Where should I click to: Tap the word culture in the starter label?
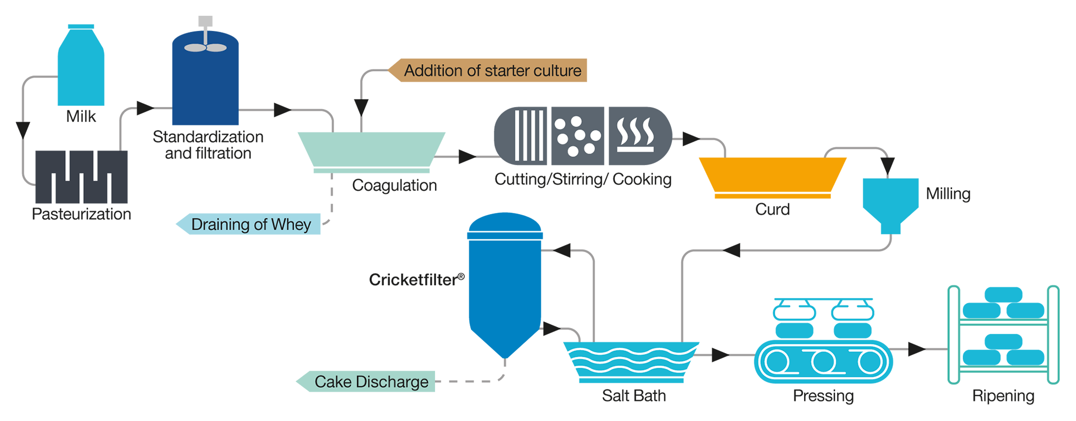(557, 71)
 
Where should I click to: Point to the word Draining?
(220, 225)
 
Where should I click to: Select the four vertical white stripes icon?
(528, 136)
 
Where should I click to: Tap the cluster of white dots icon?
(577, 136)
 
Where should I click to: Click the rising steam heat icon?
(635, 135)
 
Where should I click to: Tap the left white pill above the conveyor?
(794, 312)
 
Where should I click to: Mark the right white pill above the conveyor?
(853, 312)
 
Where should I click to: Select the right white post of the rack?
(1053, 334)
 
